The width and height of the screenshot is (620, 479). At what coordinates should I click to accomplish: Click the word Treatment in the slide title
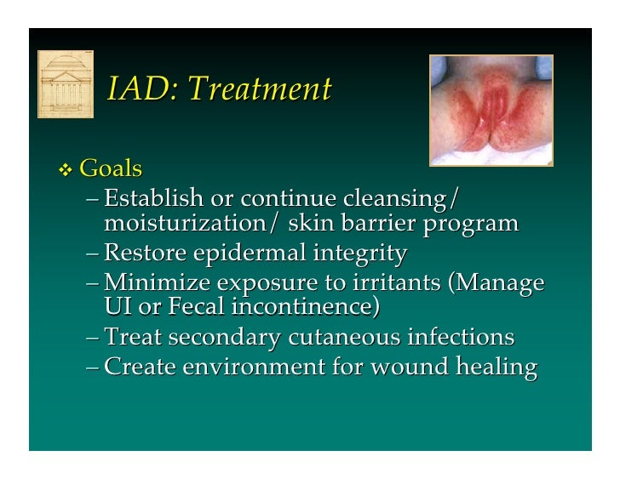point(259,88)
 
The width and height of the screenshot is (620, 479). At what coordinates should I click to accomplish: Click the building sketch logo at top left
point(65,84)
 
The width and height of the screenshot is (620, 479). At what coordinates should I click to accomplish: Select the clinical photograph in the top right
point(491,111)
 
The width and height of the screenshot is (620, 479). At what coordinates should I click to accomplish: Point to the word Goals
point(111,168)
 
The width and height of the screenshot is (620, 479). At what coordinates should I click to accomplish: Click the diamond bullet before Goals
point(66,170)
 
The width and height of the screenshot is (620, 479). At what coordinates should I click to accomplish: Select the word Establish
point(153,199)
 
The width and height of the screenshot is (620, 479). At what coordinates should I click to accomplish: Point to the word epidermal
point(249,254)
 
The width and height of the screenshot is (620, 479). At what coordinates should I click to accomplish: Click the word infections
point(461,338)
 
